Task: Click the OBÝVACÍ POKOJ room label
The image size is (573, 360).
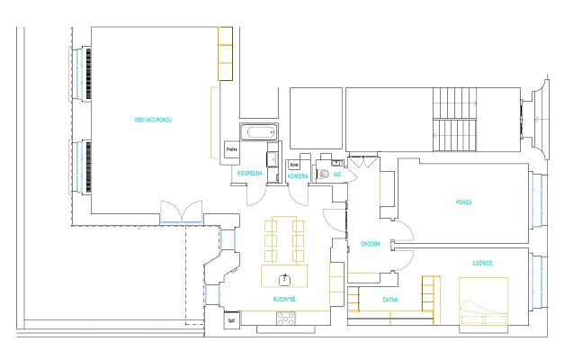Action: [x=153, y=120]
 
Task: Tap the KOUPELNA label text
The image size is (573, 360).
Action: [x=249, y=174]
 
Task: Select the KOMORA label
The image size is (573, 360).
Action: [x=298, y=174]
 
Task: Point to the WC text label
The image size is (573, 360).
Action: [x=337, y=174]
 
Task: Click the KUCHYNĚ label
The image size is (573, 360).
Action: [x=285, y=298]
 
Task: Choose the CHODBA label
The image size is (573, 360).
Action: [x=371, y=243]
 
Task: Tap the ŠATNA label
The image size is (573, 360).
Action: [x=390, y=298]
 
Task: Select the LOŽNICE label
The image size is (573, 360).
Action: [x=482, y=263]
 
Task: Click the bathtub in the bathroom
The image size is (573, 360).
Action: [x=260, y=133]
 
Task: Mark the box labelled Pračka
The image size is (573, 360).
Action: [x=231, y=149]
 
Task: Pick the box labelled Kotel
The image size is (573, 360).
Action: [x=293, y=165]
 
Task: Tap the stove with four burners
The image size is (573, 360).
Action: [x=287, y=318]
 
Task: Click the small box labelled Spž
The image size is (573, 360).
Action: [x=231, y=319]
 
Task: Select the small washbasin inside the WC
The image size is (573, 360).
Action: [x=337, y=163]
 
